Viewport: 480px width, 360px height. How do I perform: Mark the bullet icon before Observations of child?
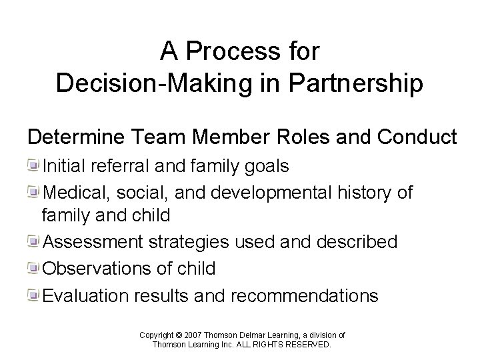point(34,268)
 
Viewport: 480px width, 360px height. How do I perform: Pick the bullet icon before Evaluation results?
point(34,293)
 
